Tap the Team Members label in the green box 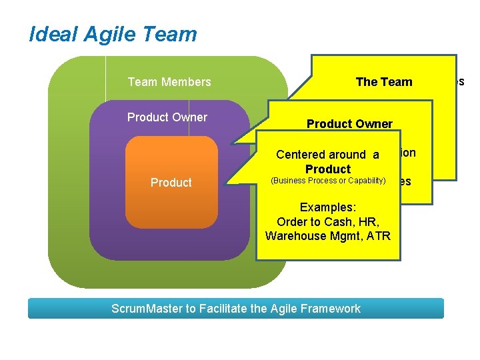pyautogui.click(x=169, y=82)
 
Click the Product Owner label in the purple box pyautogui.click(x=167, y=117)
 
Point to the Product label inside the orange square pyautogui.click(x=171, y=183)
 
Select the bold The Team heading pyautogui.click(x=384, y=82)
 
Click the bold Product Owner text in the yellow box pyautogui.click(x=349, y=124)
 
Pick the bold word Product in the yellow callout pyautogui.click(x=328, y=169)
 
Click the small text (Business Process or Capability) pyautogui.click(x=327, y=181)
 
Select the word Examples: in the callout pyautogui.click(x=327, y=207)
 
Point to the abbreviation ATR pyautogui.click(x=377, y=236)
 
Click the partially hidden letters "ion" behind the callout pyautogui.click(x=407, y=153)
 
